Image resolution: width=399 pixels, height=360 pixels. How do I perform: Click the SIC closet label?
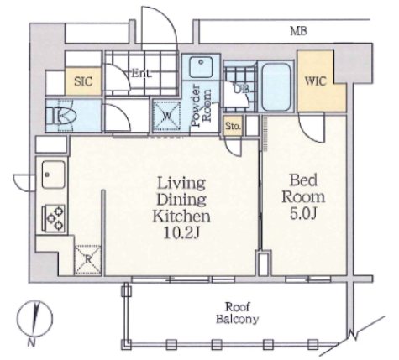83,81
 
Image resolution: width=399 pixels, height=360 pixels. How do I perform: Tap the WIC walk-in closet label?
315,81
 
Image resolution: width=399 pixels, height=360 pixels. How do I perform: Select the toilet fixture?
60,116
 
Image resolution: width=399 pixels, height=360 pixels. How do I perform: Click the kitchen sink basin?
54,175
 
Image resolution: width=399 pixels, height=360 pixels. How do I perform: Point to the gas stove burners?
54,218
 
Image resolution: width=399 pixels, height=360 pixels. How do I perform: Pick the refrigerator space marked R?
88,260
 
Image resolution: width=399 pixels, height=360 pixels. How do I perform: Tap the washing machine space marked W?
167,116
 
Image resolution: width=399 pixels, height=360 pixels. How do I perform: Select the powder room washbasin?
201,67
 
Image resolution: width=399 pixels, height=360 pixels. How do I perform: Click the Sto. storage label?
234,126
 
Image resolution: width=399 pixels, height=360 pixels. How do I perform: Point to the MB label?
298,31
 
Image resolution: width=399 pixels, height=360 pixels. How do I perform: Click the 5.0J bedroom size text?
303,214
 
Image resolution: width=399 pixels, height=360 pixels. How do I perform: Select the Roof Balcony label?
237,313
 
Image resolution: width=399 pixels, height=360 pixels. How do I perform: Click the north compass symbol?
34,318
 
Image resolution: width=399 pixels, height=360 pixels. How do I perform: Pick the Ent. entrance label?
142,74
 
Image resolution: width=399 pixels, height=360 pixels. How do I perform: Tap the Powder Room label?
201,106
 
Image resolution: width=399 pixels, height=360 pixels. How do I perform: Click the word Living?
181,184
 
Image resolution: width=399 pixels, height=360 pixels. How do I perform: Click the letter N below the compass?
32,342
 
